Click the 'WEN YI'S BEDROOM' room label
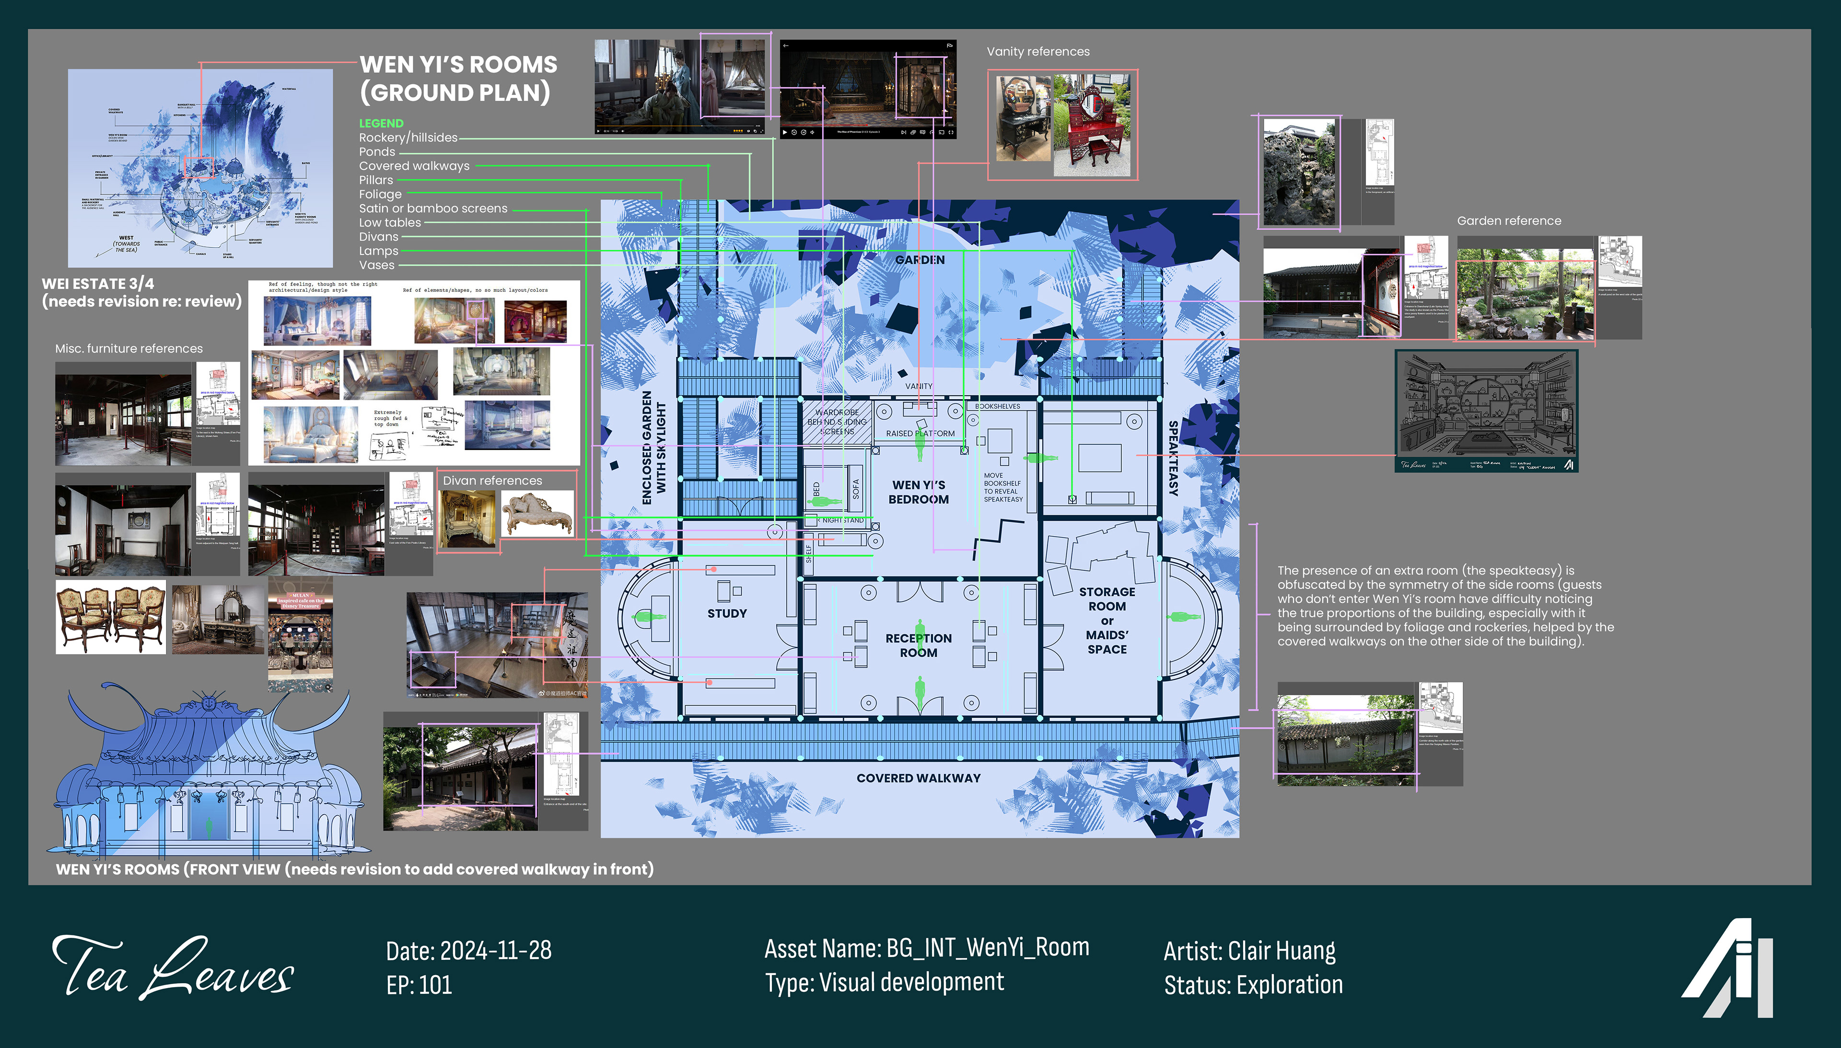(x=918, y=492)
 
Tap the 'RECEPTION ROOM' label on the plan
(x=918, y=645)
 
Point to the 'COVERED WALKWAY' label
(x=918, y=778)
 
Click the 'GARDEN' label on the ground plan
(x=920, y=260)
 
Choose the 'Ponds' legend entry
(x=377, y=152)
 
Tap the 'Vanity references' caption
(x=1037, y=52)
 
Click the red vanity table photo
(x=1092, y=126)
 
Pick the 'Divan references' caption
(x=492, y=481)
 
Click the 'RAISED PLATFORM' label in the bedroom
(x=920, y=433)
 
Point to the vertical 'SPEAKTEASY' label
(x=1173, y=459)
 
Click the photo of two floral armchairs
(x=110, y=617)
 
